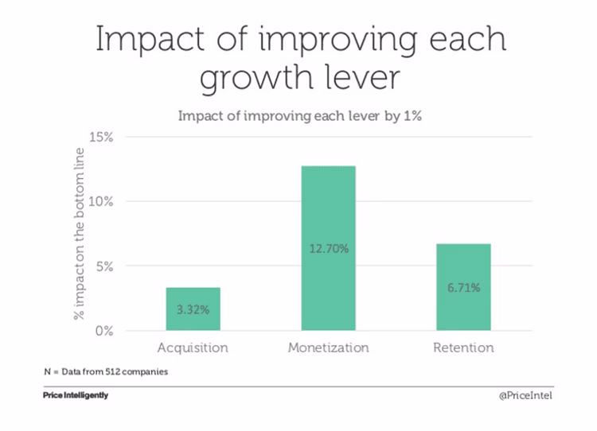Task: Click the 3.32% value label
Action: (x=193, y=309)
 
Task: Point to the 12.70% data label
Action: (x=328, y=249)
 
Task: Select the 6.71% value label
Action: (x=463, y=288)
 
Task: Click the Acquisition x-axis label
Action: (x=193, y=348)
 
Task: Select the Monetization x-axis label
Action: (x=328, y=348)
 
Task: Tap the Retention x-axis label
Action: (x=463, y=348)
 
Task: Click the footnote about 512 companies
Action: (x=105, y=371)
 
